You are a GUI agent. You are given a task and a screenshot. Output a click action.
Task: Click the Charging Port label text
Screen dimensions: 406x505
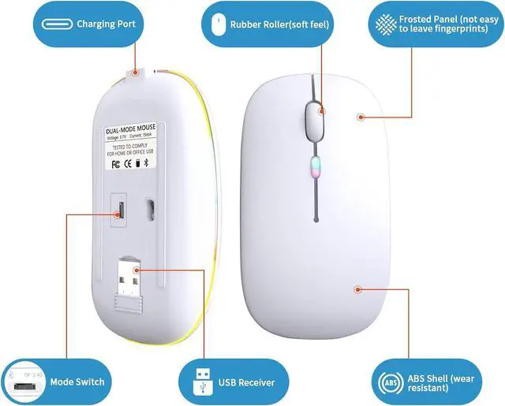click(106, 24)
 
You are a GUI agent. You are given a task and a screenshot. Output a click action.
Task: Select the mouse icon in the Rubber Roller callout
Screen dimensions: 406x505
click(215, 24)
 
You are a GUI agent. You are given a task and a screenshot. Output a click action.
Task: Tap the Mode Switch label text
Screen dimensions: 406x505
click(77, 382)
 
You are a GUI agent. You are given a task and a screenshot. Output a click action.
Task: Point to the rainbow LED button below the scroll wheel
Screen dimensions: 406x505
click(313, 167)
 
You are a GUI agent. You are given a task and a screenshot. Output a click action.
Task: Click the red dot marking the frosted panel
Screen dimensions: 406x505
click(361, 117)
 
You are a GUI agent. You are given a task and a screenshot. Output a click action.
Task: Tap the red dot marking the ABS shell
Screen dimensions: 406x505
click(357, 289)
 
